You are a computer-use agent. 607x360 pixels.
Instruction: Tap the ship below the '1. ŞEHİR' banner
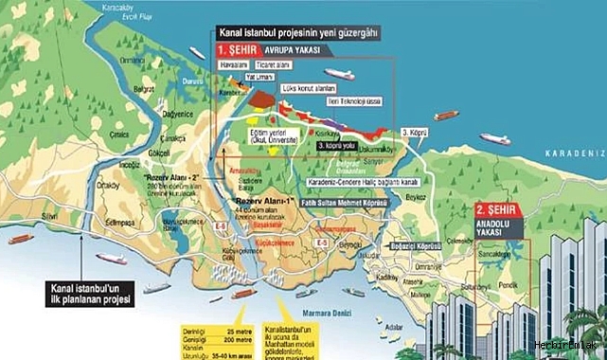tap(337, 74)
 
